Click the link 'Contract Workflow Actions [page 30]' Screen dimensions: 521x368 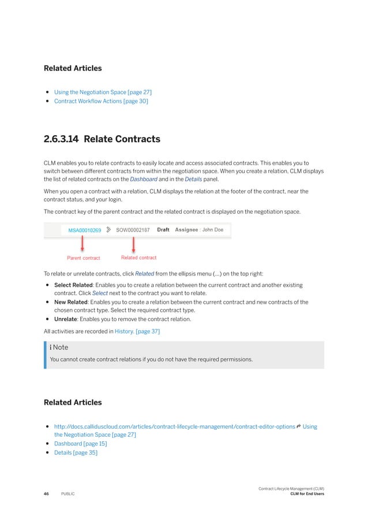pos(101,102)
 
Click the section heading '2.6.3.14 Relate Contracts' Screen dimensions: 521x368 pos(102,139)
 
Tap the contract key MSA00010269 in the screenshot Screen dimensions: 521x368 pos(85,230)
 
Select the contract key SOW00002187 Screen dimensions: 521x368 pos(133,230)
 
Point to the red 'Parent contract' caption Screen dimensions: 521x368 pos(83,258)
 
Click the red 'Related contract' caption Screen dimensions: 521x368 pos(138,258)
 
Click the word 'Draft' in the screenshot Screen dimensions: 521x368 pos(163,230)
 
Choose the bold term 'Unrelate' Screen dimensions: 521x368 pos(67,319)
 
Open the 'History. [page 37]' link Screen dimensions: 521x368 pos(137,331)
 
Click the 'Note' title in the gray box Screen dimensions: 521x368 pos(61,348)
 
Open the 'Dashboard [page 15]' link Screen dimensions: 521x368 pos(80,444)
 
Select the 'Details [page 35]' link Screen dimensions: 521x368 pos(76,453)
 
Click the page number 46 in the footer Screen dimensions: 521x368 pos(46,494)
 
